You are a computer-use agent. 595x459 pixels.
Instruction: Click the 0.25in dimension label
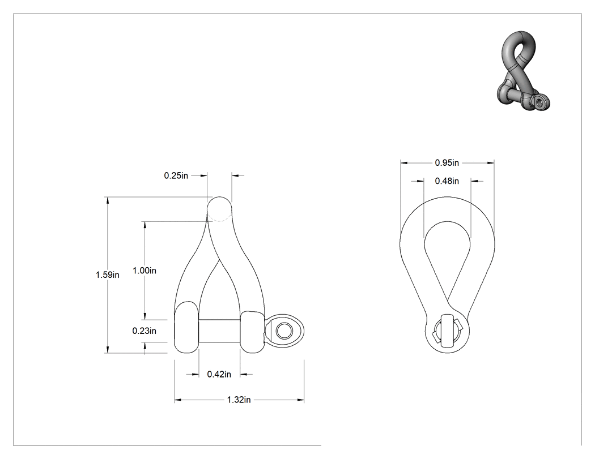176,176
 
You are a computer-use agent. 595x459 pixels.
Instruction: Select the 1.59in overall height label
108,275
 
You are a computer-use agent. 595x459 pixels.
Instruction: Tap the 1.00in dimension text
144,271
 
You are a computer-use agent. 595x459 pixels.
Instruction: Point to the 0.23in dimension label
144,331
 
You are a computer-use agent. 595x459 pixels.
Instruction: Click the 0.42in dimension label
219,375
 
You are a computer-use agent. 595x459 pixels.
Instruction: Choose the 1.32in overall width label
239,400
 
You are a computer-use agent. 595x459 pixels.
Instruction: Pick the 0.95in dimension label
447,163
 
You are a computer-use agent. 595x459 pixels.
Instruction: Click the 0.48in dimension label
447,181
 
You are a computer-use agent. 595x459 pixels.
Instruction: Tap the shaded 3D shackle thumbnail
523,71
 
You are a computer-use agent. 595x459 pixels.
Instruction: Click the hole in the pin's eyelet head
282,331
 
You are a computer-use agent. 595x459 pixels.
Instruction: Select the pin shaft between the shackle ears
219,331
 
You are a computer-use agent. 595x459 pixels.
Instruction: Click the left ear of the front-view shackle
186,328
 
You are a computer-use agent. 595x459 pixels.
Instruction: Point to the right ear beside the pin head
252,332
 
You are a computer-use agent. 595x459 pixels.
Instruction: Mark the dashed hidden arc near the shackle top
219,218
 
